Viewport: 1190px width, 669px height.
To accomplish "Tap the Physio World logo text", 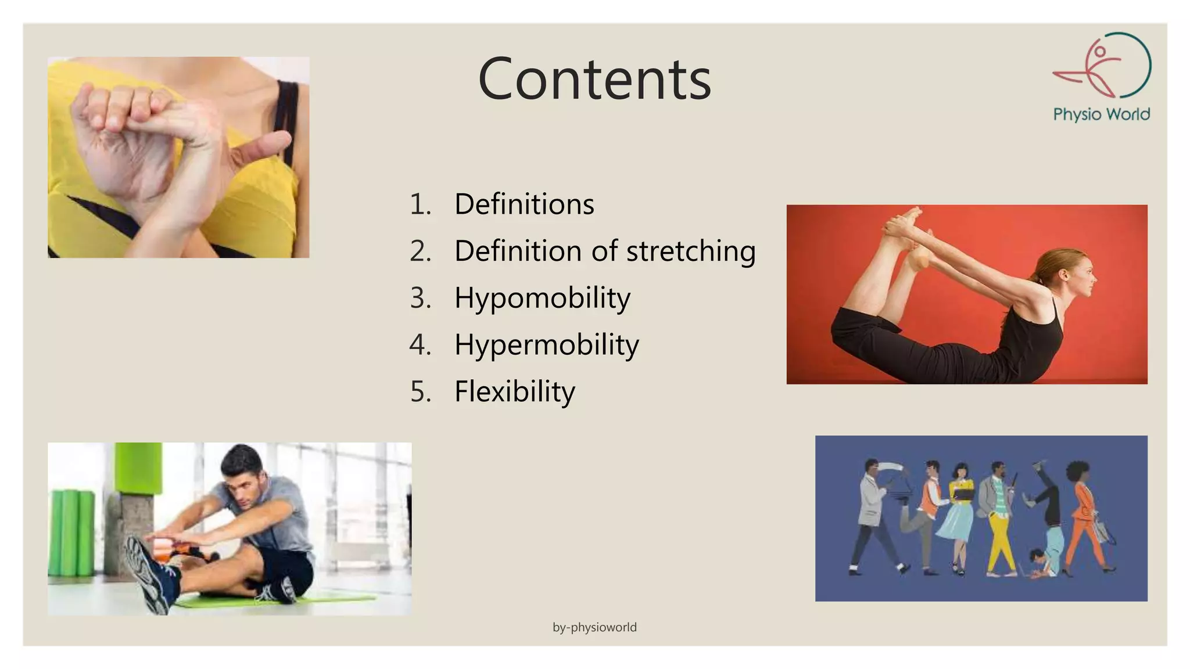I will [x=1101, y=114].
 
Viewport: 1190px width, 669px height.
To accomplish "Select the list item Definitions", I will [x=524, y=204].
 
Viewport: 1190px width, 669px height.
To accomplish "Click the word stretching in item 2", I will [x=691, y=251].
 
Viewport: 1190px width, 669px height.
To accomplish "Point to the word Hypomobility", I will [x=542, y=298].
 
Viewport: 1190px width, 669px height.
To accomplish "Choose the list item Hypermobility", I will [x=546, y=344].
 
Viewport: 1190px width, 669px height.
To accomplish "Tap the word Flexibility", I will [x=514, y=391].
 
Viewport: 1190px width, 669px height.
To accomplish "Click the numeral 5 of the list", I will [x=420, y=391].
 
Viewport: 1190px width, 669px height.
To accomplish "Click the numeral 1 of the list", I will [x=420, y=204].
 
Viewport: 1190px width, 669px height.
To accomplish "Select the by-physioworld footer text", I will [x=594, y=627].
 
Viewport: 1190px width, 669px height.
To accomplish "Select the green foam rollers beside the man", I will [x=72, y=531].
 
